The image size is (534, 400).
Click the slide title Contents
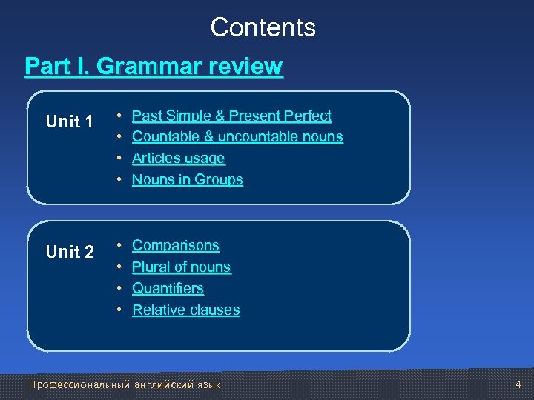(263, 27)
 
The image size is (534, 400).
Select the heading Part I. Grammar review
(154, 67)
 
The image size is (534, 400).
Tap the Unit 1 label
(70, 121)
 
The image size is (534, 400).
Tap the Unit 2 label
(70, 252)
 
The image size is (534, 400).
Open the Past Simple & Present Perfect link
(231, 116)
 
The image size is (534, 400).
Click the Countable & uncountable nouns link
(237, 137)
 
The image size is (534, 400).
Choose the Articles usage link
(178, 159)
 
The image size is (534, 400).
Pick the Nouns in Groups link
(187, 180)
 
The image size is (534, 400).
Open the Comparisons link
(176, 245)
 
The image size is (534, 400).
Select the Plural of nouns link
(181, 267)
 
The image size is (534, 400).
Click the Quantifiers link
(168, 288)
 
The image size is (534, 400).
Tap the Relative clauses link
(185, 310)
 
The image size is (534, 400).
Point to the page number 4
(518, 384)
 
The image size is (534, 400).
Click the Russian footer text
(124, 384)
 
